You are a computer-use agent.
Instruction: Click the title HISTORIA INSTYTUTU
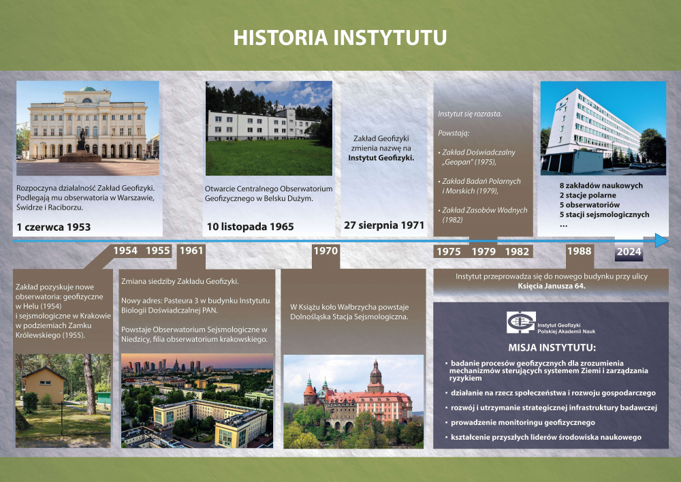340,37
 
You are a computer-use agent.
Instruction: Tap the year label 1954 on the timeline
125,251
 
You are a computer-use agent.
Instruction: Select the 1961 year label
191,251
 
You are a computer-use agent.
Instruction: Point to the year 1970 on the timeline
326,251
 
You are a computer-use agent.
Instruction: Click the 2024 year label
629,252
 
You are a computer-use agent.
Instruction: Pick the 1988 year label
580,251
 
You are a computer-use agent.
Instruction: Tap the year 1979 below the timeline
484,252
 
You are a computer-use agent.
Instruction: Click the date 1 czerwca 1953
53,227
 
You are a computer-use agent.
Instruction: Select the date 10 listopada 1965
250,227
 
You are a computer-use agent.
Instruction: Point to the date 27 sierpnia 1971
384,225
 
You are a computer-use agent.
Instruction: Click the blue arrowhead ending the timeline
662,240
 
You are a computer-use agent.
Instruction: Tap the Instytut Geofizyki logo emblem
521,323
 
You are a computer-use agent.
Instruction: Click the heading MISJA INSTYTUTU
552,348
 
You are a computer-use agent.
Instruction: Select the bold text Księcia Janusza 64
552,286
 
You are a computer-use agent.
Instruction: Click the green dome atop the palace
87,89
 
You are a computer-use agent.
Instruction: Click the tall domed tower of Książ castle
375,377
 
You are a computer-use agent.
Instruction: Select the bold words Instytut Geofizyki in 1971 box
381,158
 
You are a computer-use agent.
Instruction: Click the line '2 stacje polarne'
588,195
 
